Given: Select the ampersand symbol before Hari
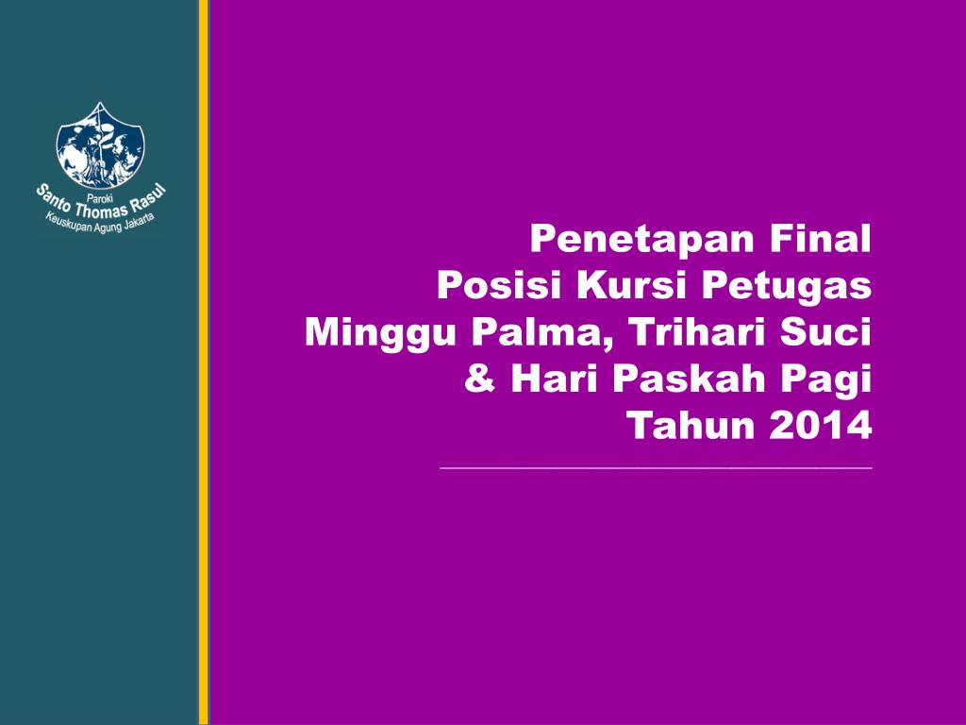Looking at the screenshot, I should click(x=481, y=379).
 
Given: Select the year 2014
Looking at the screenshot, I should click(x=820, y=427).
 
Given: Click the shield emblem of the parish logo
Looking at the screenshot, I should click(x=101, y=144).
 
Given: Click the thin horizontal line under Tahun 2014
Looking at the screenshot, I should click(x=656, y=467).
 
